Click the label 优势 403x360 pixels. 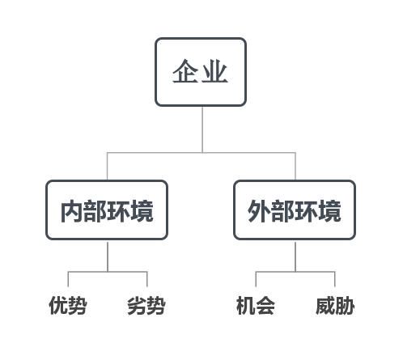click(68, 305)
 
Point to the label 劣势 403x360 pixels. click(146, 305)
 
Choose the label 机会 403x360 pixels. click(256, 305)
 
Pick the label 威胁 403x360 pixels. click(335, 305)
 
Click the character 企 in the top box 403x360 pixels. click(186, 71)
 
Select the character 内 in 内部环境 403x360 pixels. click(72, 211)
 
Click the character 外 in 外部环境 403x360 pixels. click(259, 211)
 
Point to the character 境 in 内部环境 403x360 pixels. click(142, 211)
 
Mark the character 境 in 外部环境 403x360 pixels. click(329, 211)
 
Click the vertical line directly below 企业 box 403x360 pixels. click(202, 129)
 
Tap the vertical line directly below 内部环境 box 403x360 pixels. click(108, 256)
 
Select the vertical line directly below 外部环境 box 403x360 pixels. click(295, 256)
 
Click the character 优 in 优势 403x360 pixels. click(58, 305)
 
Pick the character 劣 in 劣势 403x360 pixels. click(137, 305)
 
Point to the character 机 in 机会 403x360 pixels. click(246, 305)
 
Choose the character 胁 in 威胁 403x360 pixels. click(345, 305)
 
